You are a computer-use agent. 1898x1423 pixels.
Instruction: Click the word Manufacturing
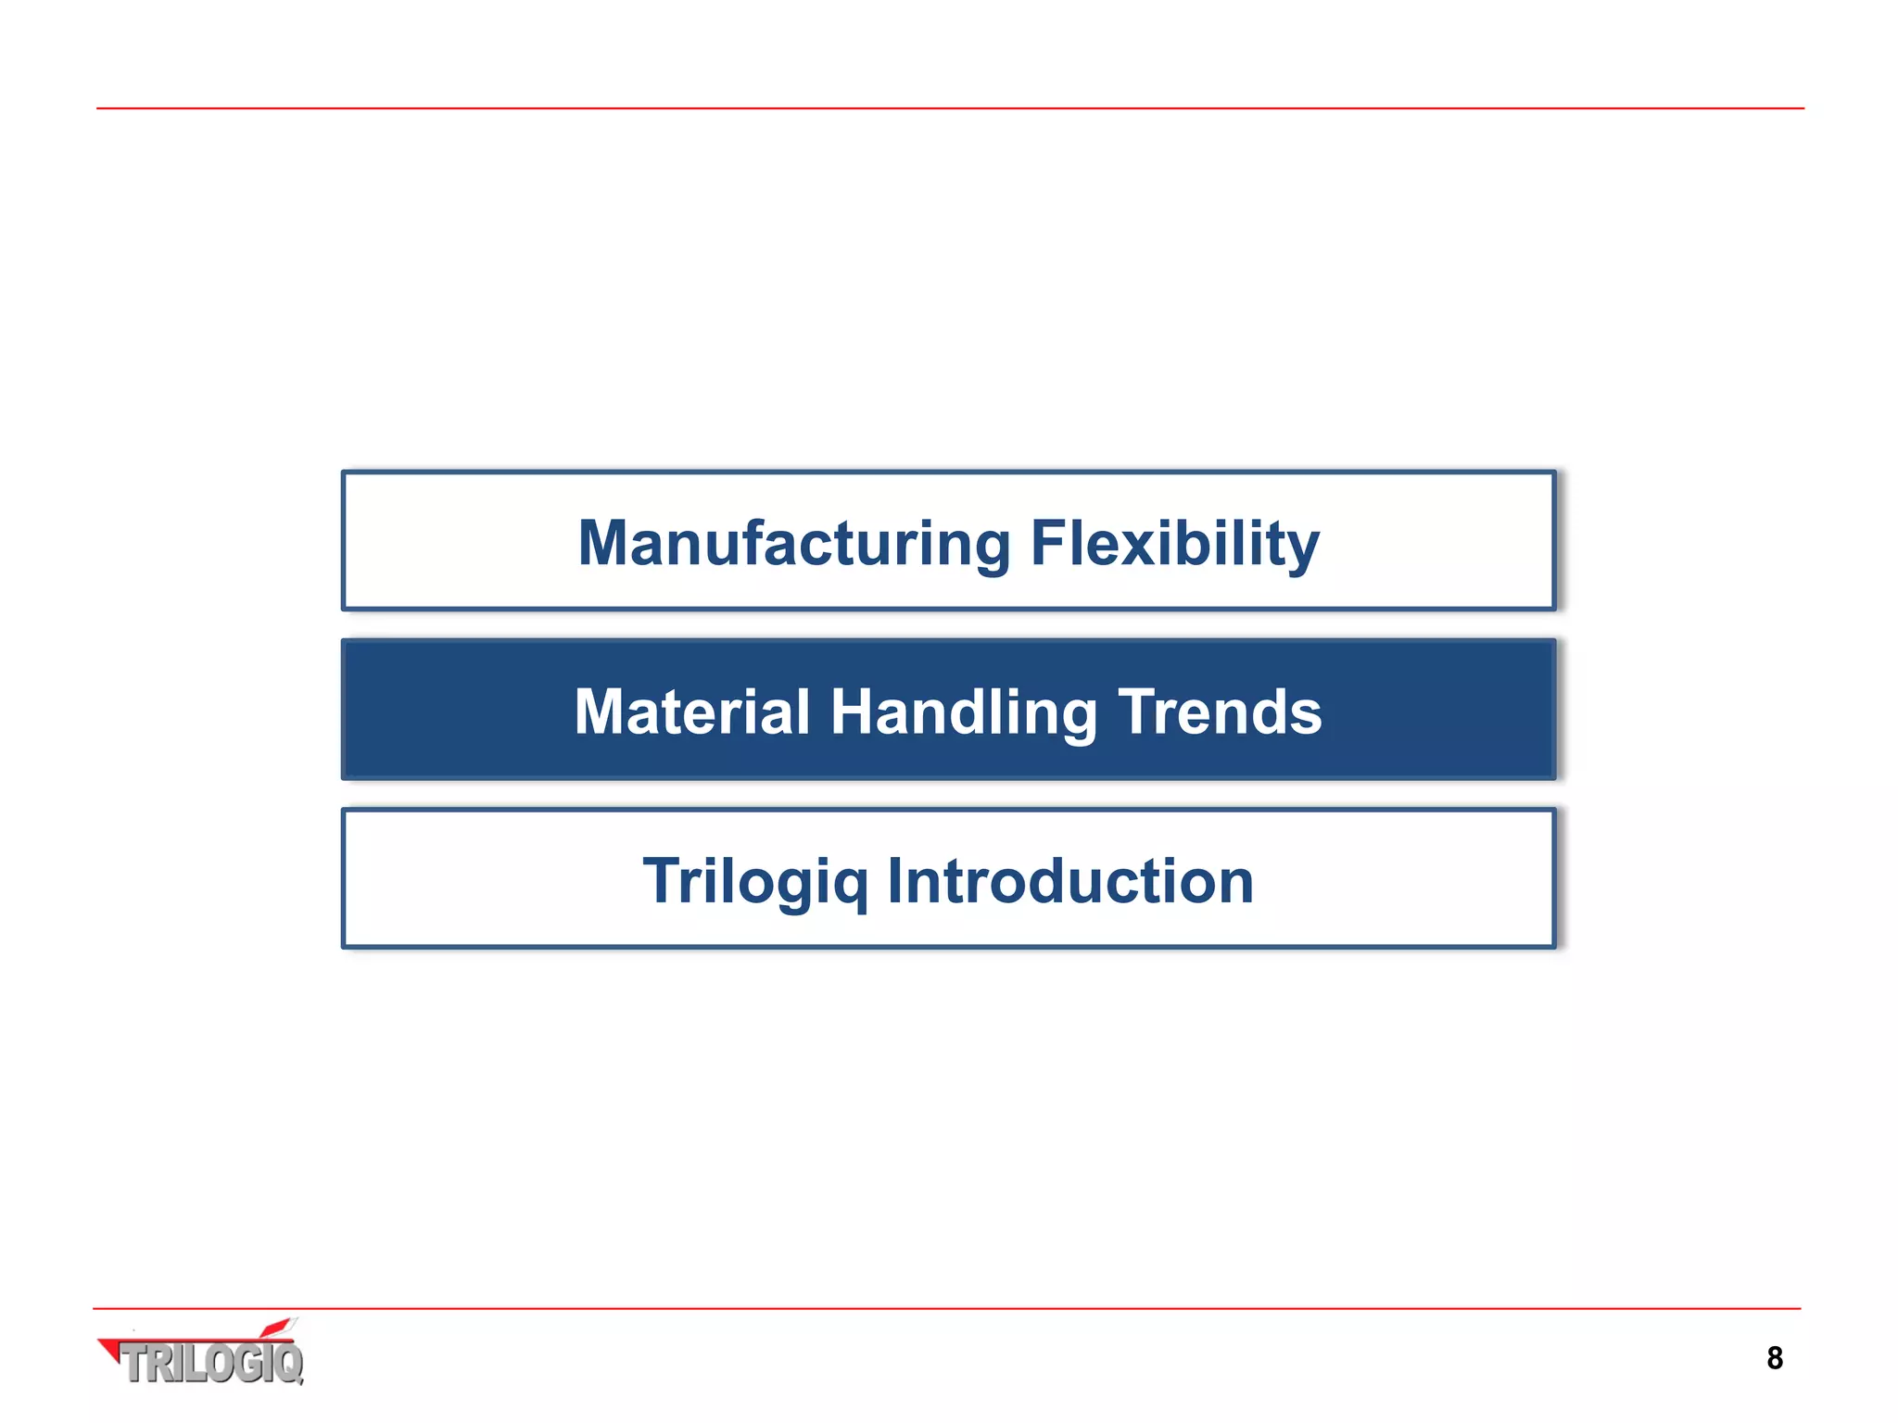tap(793, 544)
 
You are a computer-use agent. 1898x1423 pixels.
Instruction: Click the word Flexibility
tap(1174, 544)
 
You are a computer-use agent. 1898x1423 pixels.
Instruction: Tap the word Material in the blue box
tap(691, 712)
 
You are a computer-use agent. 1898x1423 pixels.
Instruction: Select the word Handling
tap(963, 712)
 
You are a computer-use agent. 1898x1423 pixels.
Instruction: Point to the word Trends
tap(1220, 712)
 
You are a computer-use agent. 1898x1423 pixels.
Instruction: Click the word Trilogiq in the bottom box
tap(755, 881)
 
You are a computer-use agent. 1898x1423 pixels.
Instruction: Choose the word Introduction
tap(1069, 881)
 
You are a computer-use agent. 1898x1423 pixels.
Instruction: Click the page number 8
tap(1774, 1358)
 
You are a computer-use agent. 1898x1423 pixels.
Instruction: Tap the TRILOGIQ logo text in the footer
tap(213, 1364)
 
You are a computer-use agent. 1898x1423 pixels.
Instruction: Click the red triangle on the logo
tap(110, 1349)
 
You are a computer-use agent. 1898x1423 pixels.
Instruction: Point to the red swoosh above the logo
tap(276, 1329)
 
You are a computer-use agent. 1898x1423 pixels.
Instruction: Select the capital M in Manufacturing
tap(605, 544)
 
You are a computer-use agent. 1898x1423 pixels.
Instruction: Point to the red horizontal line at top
tap(949, 108)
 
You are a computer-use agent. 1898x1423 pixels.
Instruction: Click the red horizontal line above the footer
tap(949, 1308)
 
